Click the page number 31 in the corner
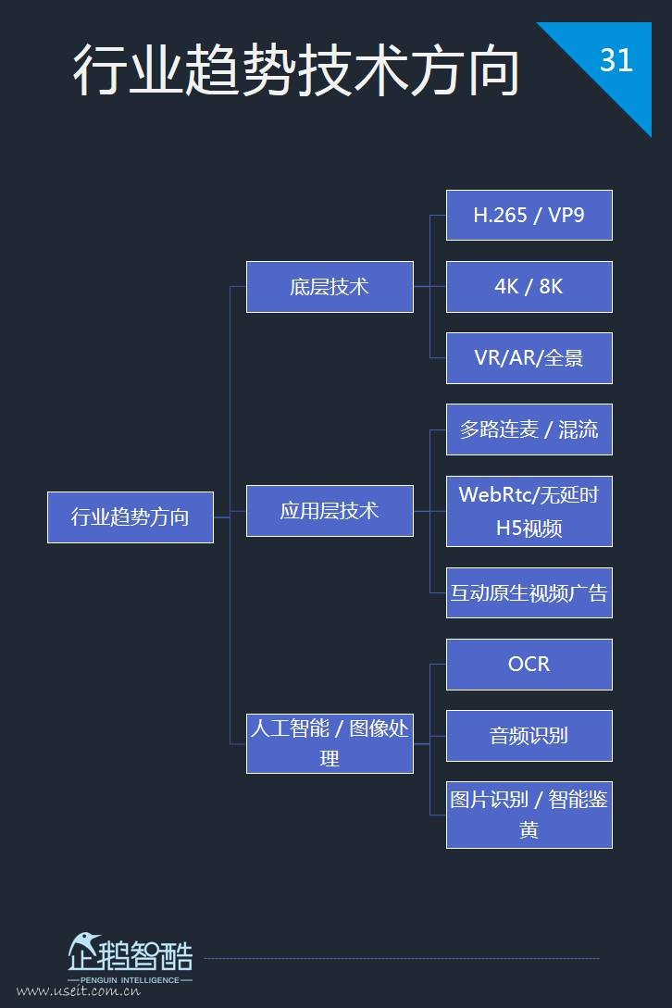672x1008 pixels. point(616,60)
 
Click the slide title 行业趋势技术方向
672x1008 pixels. point(296,70)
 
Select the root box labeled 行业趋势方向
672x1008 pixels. point(131,516)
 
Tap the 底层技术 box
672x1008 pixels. point(330,287)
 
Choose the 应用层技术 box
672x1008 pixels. point(330,511)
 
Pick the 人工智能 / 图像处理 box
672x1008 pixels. point(330,743)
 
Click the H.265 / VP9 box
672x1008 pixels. point(529,215)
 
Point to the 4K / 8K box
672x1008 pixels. point(529,287)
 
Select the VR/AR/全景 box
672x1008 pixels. point(529,358)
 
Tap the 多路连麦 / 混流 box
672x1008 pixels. point(529,429)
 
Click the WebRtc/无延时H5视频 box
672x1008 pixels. point(529,511)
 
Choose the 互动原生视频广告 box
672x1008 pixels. point(529,592)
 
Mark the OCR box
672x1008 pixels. point(529,664)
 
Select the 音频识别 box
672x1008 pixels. point(529,736)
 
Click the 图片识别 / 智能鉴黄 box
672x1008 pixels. point(529,815)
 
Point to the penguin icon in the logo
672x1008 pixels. point(84,950)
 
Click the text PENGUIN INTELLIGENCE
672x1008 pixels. point(130,980)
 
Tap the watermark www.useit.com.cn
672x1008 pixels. point(79,991)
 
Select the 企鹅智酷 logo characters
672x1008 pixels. point(131,953)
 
